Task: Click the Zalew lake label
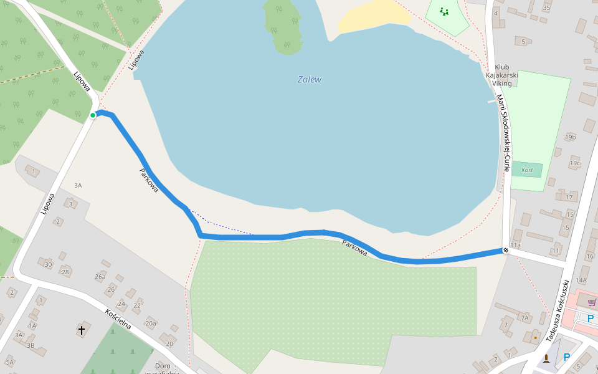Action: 310,80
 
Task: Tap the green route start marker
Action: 93,115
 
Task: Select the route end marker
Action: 505,251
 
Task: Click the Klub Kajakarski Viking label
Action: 502,75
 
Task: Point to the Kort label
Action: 527,170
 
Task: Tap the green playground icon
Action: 444,11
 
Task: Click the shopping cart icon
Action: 591,302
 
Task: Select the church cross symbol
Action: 81,328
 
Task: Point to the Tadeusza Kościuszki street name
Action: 558,310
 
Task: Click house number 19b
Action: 570,137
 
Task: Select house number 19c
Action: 574,164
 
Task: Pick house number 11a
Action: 515,246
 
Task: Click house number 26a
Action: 100,276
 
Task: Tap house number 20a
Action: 150,323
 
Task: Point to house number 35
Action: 546,8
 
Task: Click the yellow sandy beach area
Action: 374,16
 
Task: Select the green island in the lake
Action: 283,25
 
